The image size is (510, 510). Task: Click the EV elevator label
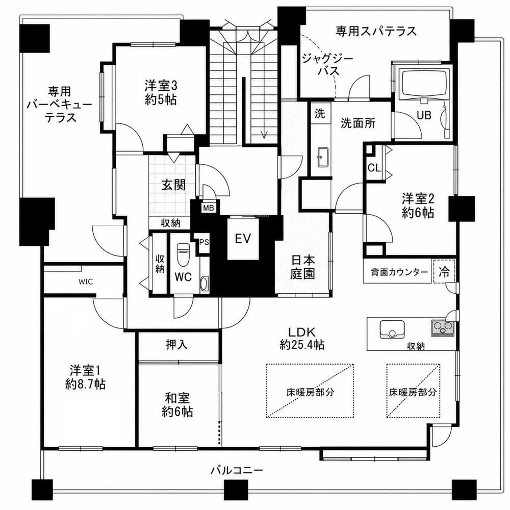coord(243,239)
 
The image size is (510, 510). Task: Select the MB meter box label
coord(208,208)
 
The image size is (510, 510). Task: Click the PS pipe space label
coord(204,242)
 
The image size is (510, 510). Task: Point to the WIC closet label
coord(86,282)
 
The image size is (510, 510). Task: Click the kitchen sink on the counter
coord(392,329)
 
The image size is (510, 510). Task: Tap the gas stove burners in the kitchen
coord(442,327)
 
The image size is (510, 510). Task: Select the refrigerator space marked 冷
coord(444,271)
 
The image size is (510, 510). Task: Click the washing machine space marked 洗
coord(320,113)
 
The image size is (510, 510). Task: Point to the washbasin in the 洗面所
coord(323,158)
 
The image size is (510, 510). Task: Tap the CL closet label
coord(374,168)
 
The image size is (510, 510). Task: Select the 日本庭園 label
coord(303,267)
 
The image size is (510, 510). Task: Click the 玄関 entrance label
coord(174,186)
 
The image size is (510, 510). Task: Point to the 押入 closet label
coord(176,345)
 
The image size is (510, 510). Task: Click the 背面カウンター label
coord(399,272)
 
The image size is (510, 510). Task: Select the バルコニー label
coord(237,470)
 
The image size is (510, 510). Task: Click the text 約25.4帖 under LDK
coord(302,344)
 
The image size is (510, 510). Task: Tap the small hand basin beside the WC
coord(205,284)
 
